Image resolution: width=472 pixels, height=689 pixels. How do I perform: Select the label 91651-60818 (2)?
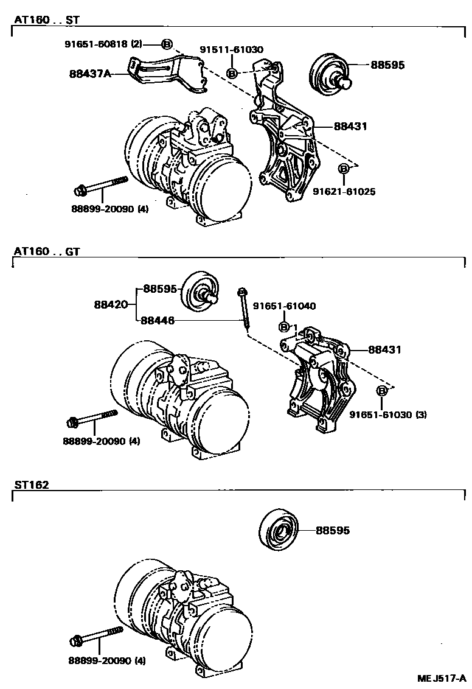click(103, 44)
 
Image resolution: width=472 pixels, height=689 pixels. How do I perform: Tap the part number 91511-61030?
click(232, 49)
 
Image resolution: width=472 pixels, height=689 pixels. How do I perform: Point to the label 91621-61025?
click(344, 192)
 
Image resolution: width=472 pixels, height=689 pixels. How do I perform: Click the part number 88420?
click(110, 303)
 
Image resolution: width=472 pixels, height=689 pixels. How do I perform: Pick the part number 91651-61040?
click(284, 306)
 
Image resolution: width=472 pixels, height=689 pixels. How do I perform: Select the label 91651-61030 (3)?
click(388, 414)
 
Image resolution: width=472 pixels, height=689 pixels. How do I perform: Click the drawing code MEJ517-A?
click(442, 678)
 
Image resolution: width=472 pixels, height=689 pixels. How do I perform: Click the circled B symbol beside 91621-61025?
click(344, 168)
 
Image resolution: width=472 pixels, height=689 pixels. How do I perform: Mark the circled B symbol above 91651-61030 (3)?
click(382, 391)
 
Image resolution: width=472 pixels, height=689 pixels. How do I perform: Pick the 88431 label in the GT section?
click(383, 350)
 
